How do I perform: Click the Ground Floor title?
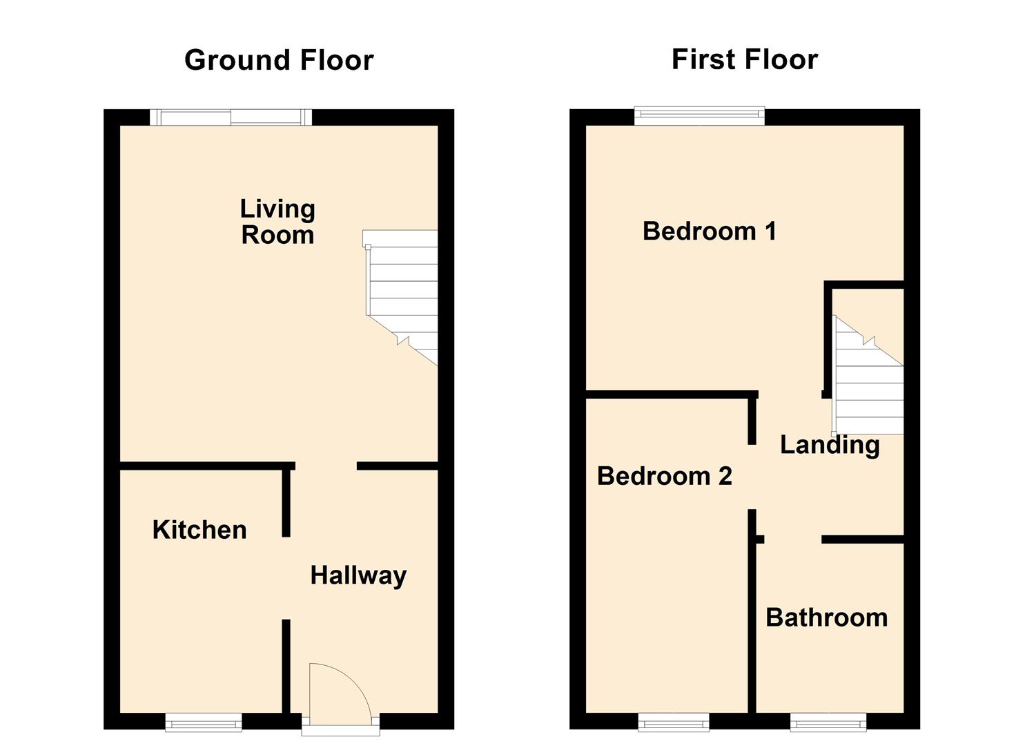pyautogui.click(x=279, y=60)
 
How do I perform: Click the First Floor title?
pyautogui.click(x=744, y=59)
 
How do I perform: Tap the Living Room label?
pyautogui.click(x=277, y=222)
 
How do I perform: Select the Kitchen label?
pyautogui.click(x=199, y=530)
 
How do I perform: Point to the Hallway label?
pyautogui.click(x=358, y=575)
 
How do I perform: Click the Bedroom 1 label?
pyautogui.click(x=709, y=231)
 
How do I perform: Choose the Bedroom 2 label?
pyautogui.click(x=664, y=476)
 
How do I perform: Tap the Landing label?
pyautogui.click(x=830, y=445)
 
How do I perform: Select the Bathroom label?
pyautogui.click(x=826, y=618)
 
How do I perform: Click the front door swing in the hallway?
pyautogui.click(x=338, y=691)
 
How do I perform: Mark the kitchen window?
pyautogui.click(x=204, y=723)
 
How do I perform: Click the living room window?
pyautogui.click(x=231, y=117)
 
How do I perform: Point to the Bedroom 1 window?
pyautogui.click(x=699, y=116)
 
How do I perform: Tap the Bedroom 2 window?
pyautogui.click(x=673, y=723)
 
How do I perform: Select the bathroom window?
pyautogui.click(x=828, y=723)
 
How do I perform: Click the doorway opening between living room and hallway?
pyautogui.click(x=326, y=466)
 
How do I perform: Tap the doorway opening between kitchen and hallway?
pyautogui.click(x=286, y=578)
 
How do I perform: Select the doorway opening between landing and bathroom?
pyautogui.click(x=792, y=539)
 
